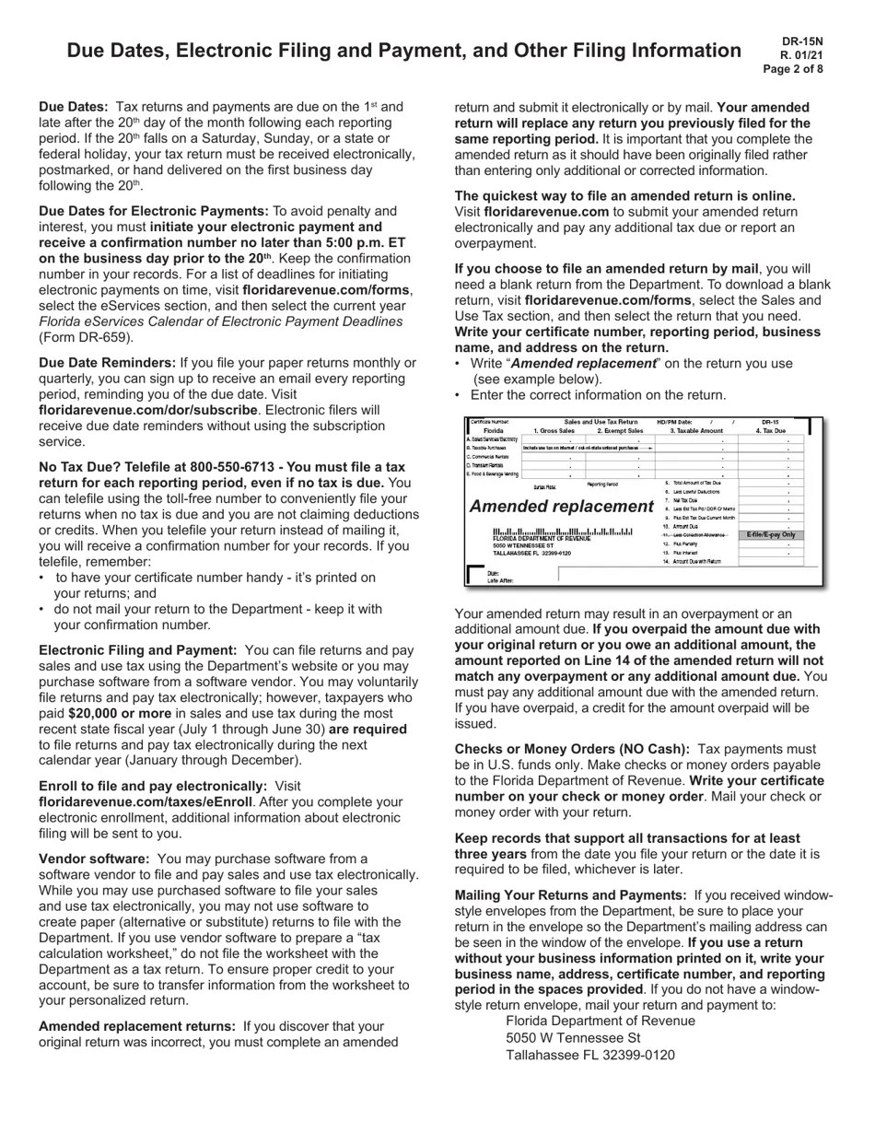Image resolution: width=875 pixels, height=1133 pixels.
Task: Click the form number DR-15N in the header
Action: [802, 41]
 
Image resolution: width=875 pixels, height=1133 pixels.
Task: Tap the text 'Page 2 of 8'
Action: [793, 69]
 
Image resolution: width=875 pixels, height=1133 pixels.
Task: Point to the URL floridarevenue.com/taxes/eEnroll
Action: [146, 802]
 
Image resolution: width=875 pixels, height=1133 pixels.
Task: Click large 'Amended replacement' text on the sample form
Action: [562, 507]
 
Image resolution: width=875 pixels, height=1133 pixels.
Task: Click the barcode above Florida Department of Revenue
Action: [563, 531]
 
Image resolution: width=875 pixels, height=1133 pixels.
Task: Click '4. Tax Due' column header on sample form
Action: [771, 430]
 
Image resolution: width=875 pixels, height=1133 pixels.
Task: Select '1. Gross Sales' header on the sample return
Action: [554, 430]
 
